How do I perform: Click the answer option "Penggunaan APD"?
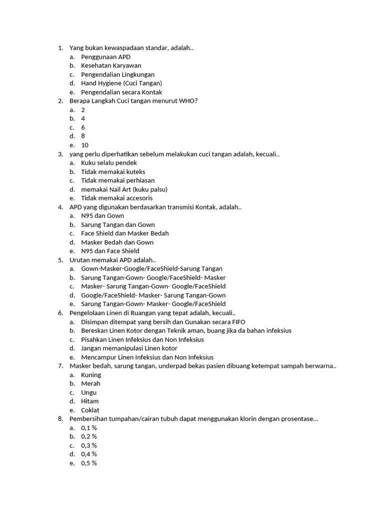[x=105, y=57]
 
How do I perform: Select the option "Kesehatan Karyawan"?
[x=111, y=66]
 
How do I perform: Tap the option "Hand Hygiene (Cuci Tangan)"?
[x=121, y=83]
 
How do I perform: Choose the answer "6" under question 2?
[x=83, y=127]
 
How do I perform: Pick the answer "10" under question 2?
[x=84, y=145]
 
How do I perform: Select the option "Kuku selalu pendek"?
[x=109, y=163]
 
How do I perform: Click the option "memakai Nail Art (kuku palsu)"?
[x=124, y=189]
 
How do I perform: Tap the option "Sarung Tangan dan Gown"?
[x=118, y=224]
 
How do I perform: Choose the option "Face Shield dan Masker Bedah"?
[x=125, y=233]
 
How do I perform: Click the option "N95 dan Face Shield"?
[x=110, y=251]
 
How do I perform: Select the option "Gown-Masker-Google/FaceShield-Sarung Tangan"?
[x=151, y=269]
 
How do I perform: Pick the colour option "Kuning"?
[x=91, y=375]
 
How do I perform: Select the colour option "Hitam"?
[x=90, y=401]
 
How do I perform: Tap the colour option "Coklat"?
[x=90, y=410]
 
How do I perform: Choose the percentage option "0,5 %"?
[x=89, y=463]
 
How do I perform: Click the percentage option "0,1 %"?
[x=89, y=428]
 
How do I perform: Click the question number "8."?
[x=60, y=419]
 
